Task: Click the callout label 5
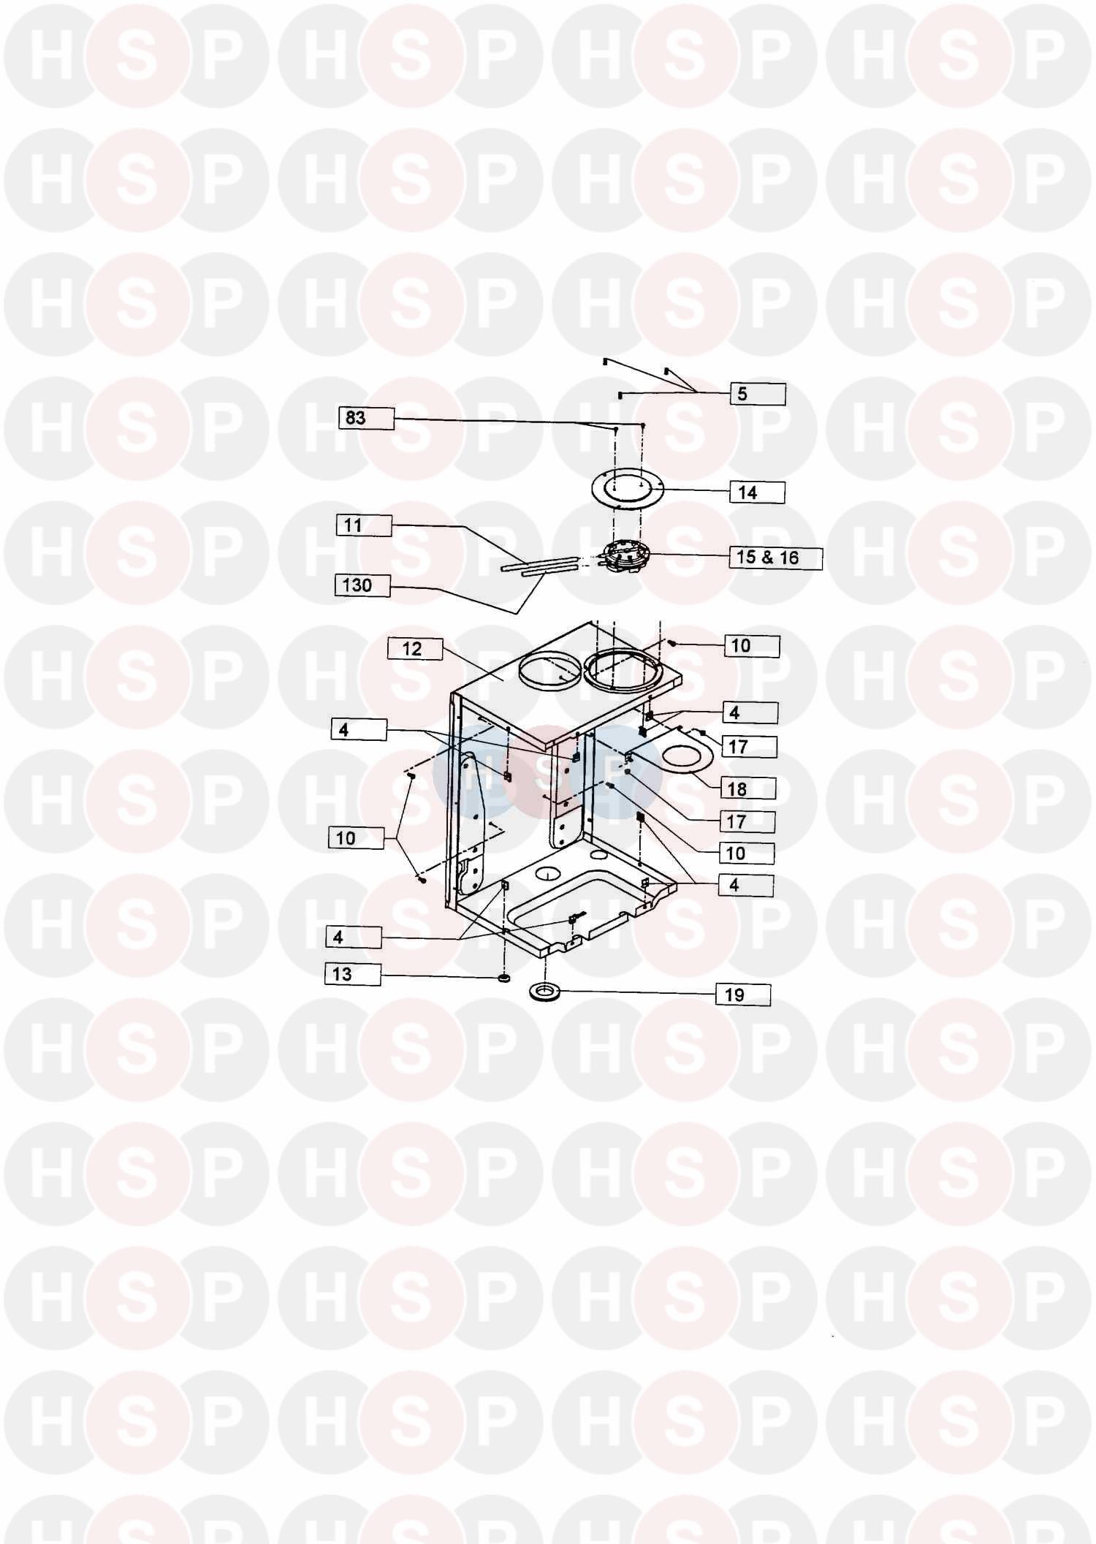pyautogui.click(x=758, y=394)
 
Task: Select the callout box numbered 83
pyautogui.click(x=366, y=418)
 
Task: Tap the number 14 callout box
pyautogui.click(x=757, y=493)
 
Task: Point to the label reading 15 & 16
pyautogui.click(x=776, y=558)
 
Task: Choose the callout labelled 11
pyautogui.click(x=364, y=525)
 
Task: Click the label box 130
pyautogui.click(x=362, y=585)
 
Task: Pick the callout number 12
pyautogui.click(x=415, y=649)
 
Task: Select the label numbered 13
pyautogui.click(x=353, y=974)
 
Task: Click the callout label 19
pyautogui.click(x=743, y=995)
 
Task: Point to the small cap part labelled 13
pyautogui.click(x=503, y=978)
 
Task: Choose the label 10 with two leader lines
pyautogui.click(x=356, y=838)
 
